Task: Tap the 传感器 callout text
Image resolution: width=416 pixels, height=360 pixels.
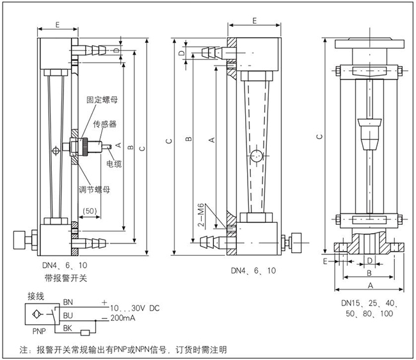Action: click(105, 123)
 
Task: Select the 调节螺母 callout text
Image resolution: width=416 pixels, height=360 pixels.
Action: click(94, 189)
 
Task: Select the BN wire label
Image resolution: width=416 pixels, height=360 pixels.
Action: click(68, 302)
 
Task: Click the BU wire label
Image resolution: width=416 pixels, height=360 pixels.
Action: click(68, 315)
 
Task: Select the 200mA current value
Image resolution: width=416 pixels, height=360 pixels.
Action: click(125, 318)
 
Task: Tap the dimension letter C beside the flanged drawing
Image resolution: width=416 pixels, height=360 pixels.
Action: click(319, 136)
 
